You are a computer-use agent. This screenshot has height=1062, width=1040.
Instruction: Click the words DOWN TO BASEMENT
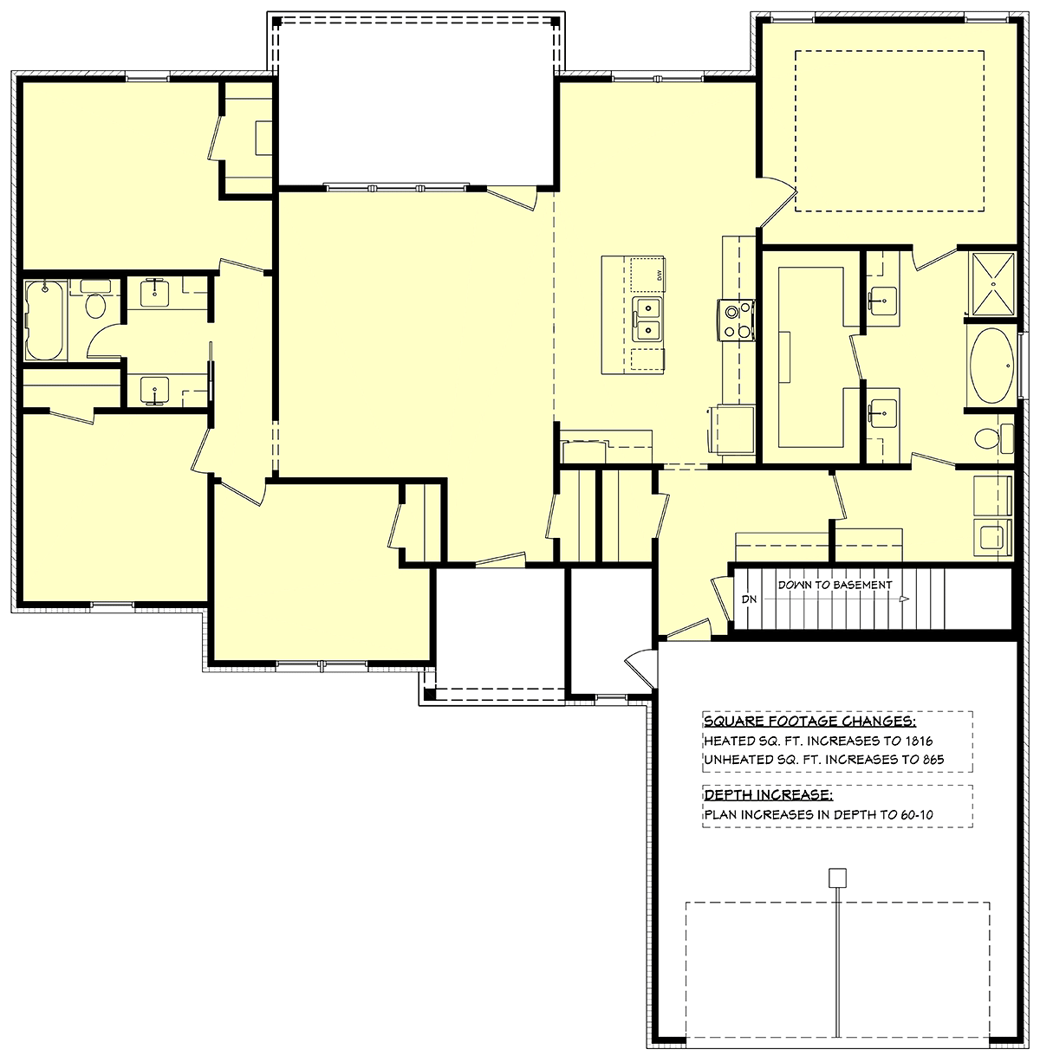tap(834, 585)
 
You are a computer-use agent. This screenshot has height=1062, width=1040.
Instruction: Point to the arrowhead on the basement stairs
tap(904, 599)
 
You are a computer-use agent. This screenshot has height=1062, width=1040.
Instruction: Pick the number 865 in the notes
tap(932, 760)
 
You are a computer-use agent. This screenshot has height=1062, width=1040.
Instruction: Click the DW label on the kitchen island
tap(660, 276)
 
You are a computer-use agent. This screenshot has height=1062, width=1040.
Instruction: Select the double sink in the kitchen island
tap(647, 319)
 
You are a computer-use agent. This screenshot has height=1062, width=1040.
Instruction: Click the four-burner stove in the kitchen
tap(738, 319)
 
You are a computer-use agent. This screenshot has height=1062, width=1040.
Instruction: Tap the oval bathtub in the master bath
tap(990, 366)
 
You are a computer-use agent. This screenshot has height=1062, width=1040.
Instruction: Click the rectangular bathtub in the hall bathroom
tap(43, 320)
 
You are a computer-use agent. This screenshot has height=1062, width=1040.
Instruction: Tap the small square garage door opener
tap(837, 877)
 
